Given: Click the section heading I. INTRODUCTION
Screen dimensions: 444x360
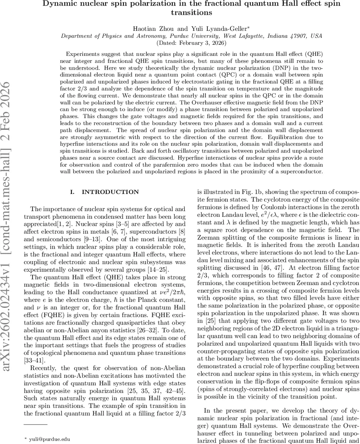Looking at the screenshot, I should coord(104,192).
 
